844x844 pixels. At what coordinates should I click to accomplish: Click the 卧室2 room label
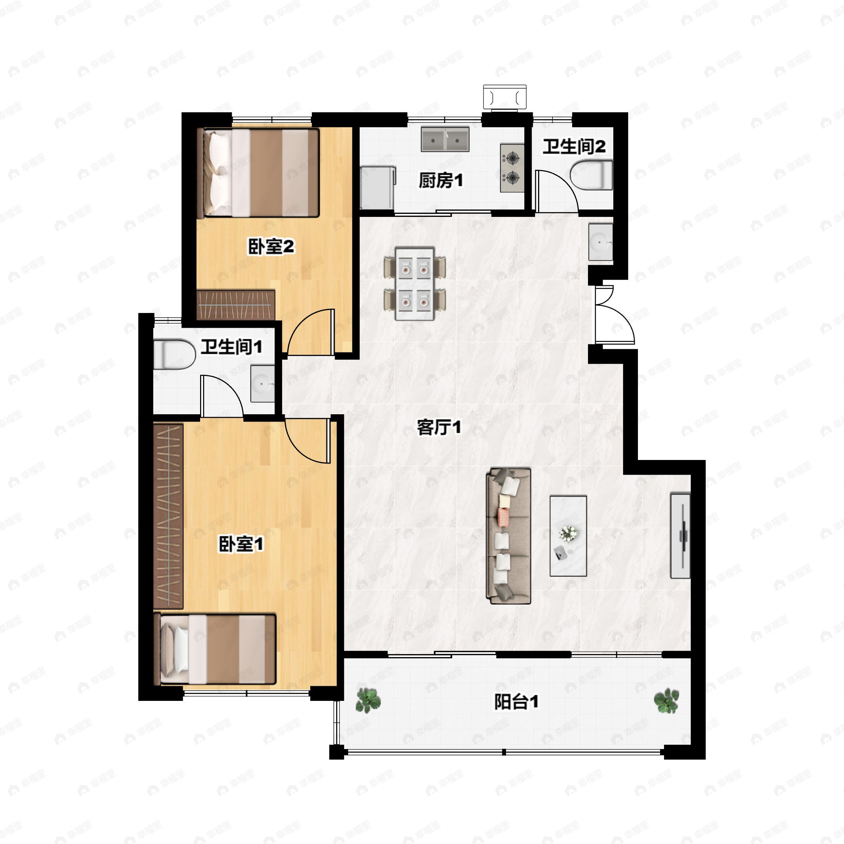point(271,247)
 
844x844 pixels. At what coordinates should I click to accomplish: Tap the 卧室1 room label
point(241,544)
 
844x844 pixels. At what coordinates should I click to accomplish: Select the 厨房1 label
point(440,180)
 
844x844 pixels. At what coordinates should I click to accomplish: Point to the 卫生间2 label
point(574,146)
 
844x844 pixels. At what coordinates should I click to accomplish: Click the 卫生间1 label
point(231,347)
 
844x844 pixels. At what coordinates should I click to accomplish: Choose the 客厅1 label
point(439,427)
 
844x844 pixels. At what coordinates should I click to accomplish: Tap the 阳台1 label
point(516,702)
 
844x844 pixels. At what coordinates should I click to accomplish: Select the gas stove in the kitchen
point(512,168)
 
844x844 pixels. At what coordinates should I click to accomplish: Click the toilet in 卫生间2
point(591,175)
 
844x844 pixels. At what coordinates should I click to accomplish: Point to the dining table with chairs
point(415,284)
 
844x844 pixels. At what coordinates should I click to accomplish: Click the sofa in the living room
point(509,536)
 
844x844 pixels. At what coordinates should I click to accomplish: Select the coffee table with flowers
point(568,536)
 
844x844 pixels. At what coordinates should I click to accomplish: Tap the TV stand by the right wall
point(680,536)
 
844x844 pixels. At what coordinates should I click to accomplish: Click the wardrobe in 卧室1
point(168,516)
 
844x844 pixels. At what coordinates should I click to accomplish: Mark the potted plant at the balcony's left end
point(368,701)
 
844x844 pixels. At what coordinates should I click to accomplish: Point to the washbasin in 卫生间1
point(262,384)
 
